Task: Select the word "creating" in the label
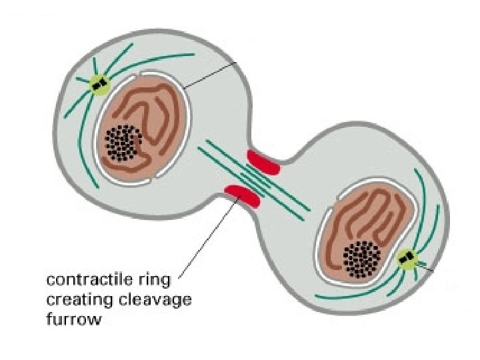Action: click(x=71, y=300)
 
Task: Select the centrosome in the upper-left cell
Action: click(x=99, y=85)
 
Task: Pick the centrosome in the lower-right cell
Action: click(x=405, y=257)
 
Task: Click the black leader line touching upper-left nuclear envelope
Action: click(x=210, y=75)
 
